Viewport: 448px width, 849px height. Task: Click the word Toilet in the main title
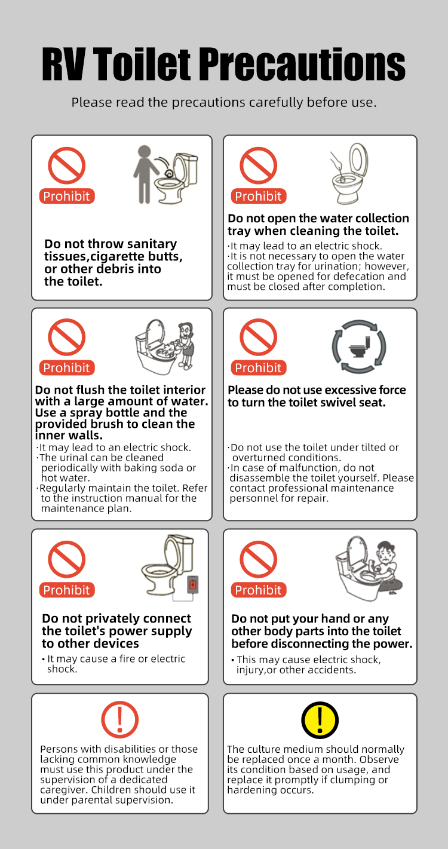tap(142, 64)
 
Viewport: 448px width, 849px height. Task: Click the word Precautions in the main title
tap(302, 64)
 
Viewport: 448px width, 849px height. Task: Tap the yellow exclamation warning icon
tap(320, 720)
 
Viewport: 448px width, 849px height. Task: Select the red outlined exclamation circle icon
tap(120, 719)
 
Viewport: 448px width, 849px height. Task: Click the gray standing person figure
tap(145, 174)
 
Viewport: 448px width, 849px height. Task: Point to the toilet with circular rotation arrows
tap(359, 347)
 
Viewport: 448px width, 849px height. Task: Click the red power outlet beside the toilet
tap(193, 585)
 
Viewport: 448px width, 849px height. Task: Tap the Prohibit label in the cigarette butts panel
tap(67, 196)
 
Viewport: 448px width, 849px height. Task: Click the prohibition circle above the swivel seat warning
tap(259, 337)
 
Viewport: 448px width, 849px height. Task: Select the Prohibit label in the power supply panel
tap(67, 590)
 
